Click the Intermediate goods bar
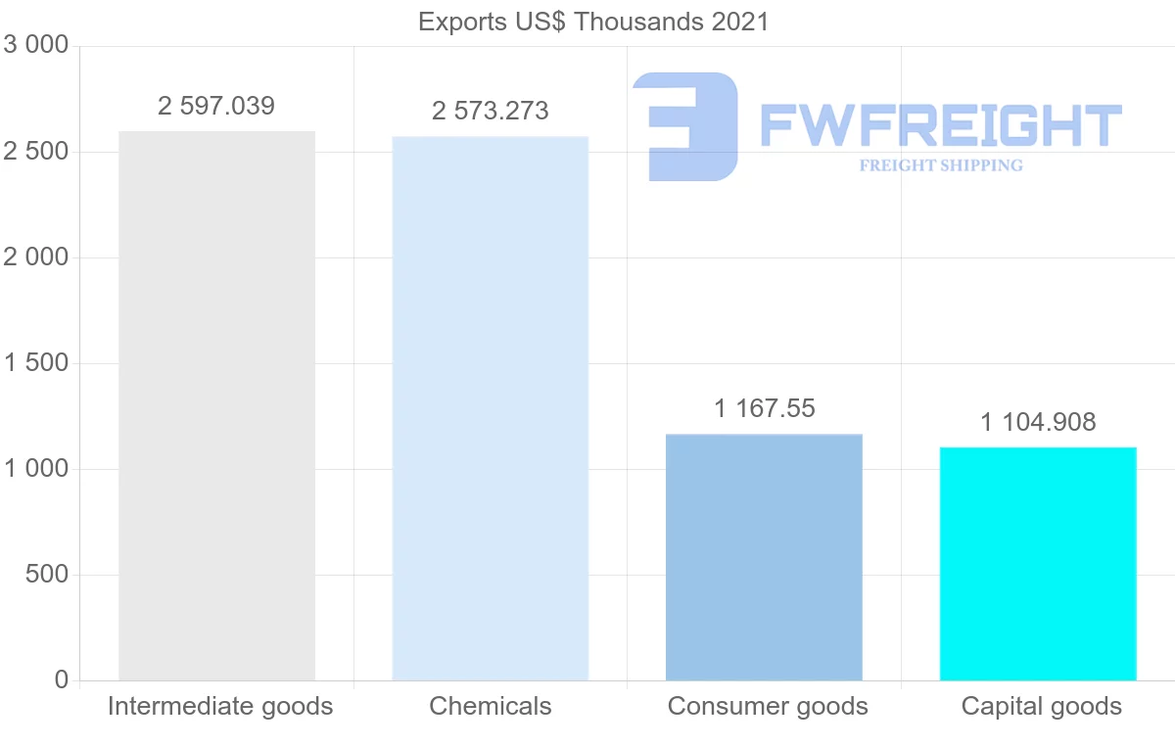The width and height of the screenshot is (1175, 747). [x=216, y=405]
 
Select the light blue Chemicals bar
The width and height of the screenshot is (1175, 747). [x=490, y=408]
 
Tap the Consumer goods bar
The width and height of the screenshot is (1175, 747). [x=764, y=557]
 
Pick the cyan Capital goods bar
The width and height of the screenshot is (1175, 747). [x=1038, y=564]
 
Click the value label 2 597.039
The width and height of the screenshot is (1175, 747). [x=216, y=107]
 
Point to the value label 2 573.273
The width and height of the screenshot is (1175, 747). [x=490, y=112]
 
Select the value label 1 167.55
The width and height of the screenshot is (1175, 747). [x=764, y=408]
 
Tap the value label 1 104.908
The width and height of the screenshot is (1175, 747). [x=1038, y=422]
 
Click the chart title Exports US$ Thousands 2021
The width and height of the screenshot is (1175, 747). [x=593, y=22]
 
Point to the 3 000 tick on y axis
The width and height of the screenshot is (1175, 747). [x=37, y=46]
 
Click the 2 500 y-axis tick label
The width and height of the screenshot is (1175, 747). [x=37, y=152]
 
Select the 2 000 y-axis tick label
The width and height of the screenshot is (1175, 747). [x=37, y=257]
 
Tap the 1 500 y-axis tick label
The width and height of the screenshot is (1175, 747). [x=37, y=363]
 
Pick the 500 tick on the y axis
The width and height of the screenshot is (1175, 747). [x=46, y=575]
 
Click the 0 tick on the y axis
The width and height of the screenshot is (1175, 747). [x=62, y=680]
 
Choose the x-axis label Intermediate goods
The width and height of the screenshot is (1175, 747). [x=220, y=707]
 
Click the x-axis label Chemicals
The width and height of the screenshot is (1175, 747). [x=490, y=707]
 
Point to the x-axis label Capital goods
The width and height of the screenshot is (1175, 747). [x=1041, y=707]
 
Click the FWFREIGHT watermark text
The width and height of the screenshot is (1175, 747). [x=940, y=125]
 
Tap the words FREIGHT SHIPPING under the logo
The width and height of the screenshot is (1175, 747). [x=940, y=165]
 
